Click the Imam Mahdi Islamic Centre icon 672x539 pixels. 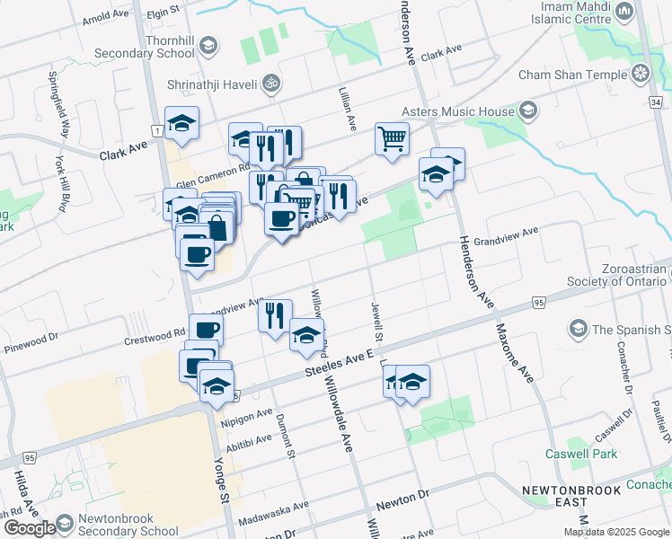[x=624, y=12]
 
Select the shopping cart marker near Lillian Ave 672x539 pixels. [x=392, y=139]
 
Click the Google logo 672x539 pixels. [x=30, y=528]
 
